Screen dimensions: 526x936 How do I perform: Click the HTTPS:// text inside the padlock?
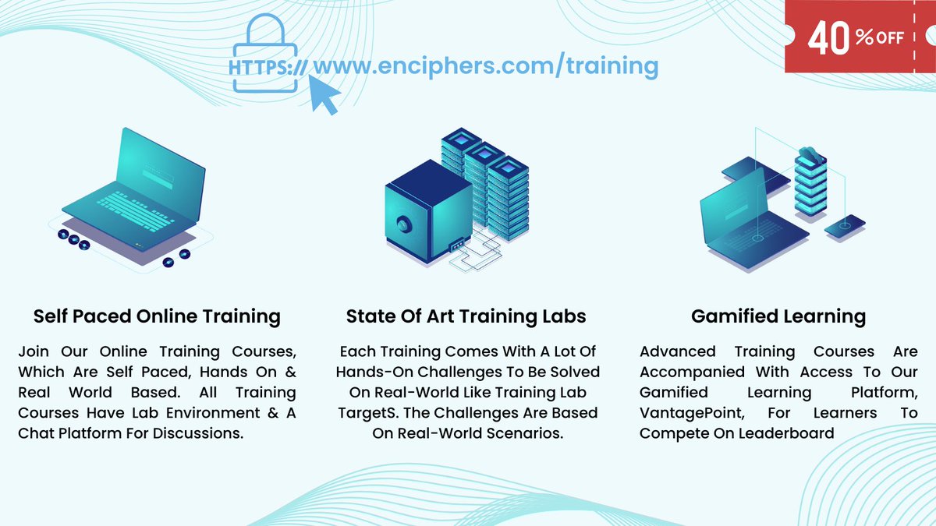(x=268, y=68)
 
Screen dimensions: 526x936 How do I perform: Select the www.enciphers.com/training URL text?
(x=485, y=65)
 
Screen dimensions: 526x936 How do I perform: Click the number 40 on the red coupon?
(x=829, y=39)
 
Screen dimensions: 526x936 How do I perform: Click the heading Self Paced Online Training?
(x=157, y=316)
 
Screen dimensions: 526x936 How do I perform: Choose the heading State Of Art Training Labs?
(x=466, y=316)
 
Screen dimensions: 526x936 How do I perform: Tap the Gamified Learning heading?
(x=778, y=316)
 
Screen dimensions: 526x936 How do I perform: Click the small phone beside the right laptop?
(x=845, y=227)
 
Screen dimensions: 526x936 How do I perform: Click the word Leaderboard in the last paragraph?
(x=788, y=432)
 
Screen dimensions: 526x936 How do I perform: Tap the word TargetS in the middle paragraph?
(x=367, y=412)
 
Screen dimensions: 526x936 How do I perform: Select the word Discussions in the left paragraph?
(x=193, y=432)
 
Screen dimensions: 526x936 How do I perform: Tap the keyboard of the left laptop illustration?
(x=129, y=210)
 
